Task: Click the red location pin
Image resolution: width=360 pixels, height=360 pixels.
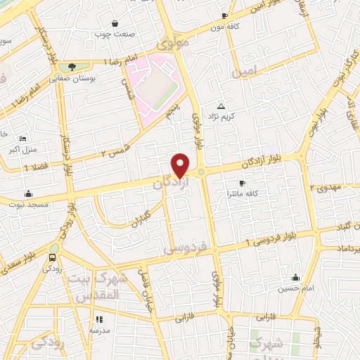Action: [181, 165]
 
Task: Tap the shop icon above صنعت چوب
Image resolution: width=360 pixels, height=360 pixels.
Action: [115, 22]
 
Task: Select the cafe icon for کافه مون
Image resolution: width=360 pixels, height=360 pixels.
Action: [224, 15]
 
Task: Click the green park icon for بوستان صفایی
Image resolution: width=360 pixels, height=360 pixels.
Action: [72, 67]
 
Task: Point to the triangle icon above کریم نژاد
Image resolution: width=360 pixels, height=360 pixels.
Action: [221, 105]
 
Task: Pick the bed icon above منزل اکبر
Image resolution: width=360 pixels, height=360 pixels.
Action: [22, 139]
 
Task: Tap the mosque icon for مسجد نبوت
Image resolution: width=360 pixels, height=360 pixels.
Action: [28, 193]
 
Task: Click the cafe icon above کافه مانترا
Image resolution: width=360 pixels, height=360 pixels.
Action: [243, 183]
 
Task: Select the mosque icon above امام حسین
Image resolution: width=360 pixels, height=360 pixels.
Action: [295, 277]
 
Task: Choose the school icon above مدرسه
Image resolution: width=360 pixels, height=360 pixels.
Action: [98, 319]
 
